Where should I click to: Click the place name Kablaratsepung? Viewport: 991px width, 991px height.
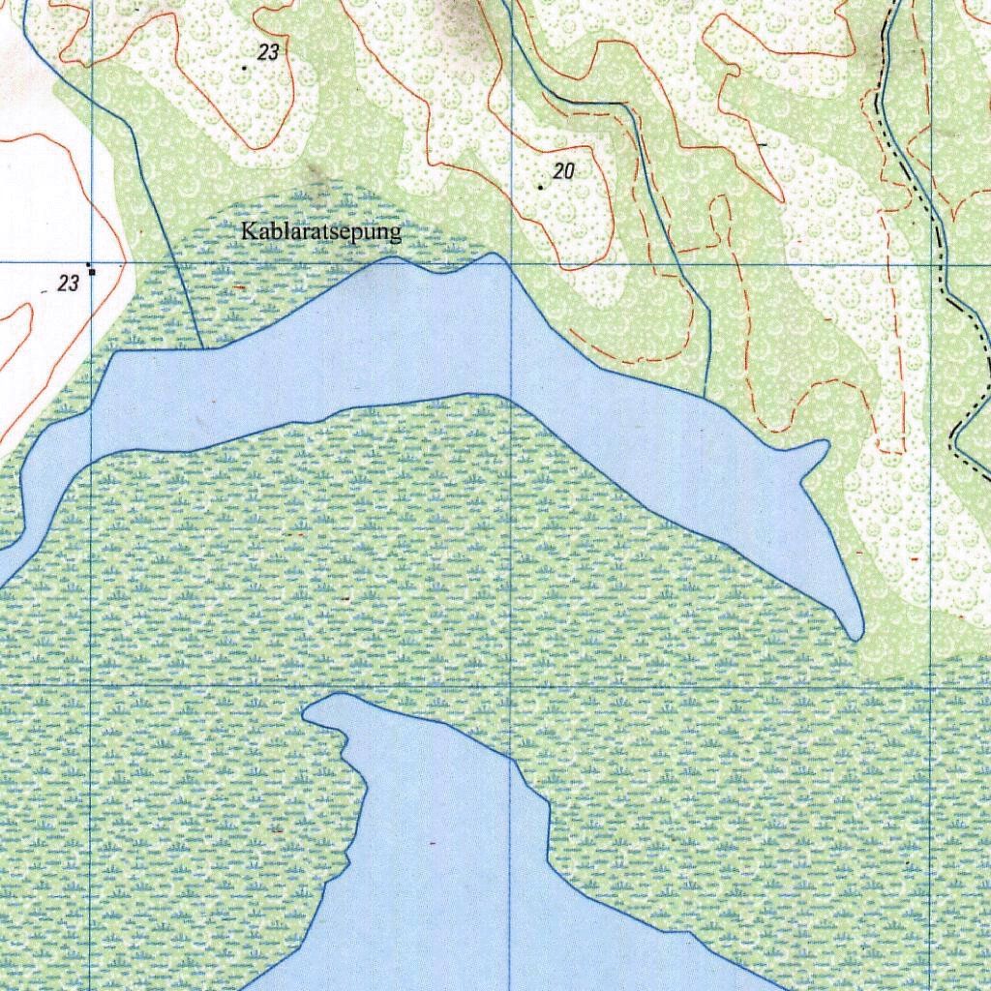point(320,232)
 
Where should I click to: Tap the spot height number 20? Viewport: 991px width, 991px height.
point(564,172)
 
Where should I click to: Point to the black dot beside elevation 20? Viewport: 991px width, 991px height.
point(540,187)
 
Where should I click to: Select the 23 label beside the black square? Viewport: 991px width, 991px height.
point(68,284)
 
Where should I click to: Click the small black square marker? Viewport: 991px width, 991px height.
point(92,272)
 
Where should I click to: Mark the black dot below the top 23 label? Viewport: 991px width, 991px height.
point(244,68)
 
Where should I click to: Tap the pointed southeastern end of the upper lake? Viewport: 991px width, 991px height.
point(856,635)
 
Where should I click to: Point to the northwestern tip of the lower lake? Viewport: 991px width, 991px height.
point(308,713)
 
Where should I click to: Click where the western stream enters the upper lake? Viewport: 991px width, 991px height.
point(201,348)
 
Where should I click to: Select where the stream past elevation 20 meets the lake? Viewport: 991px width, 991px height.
point(706,398)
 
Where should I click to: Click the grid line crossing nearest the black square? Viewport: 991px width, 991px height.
point(92,262)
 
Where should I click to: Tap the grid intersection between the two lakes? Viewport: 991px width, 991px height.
point(512,685)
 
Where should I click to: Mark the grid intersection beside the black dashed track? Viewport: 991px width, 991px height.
point(932,263)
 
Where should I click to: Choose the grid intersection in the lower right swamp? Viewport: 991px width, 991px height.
point(931,685)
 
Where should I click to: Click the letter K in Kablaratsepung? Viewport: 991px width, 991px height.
point(248,232)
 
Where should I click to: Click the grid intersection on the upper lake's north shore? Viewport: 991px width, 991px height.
point(512,262)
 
